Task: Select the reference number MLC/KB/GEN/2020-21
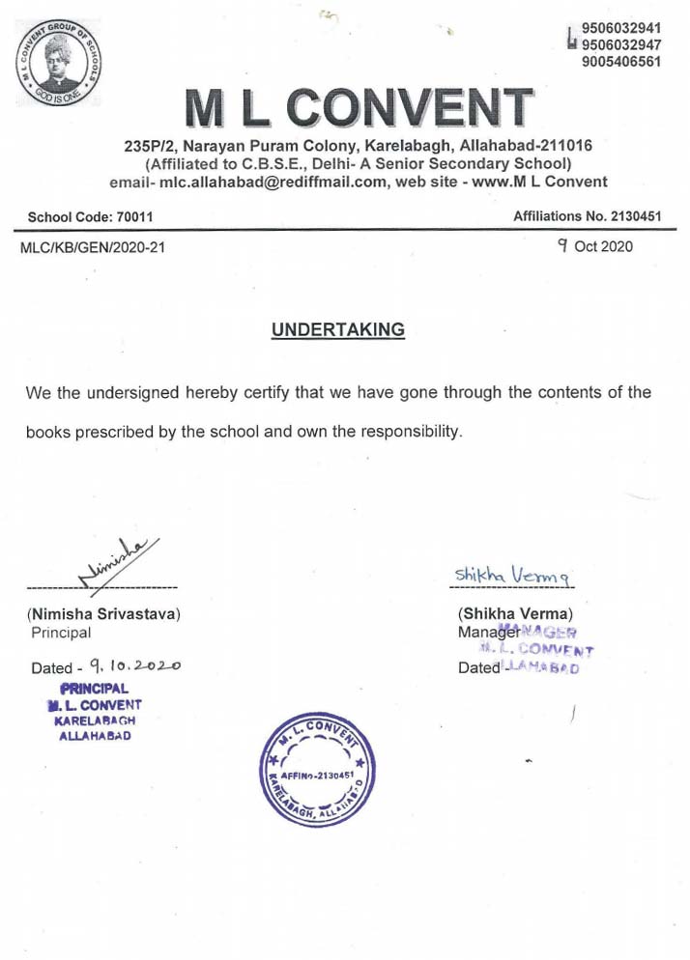click(x=93, y=247)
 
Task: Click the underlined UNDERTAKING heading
click(x=337, y=330)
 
